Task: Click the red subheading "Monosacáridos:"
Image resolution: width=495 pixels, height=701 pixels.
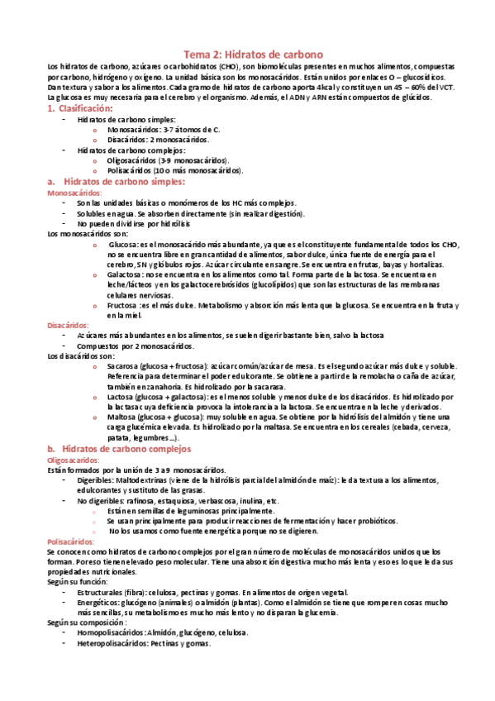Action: tap(75, 192)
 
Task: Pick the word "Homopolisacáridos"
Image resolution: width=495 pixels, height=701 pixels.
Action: tap(110, 632)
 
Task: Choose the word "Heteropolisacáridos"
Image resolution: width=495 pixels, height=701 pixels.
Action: tap(112, 643)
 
